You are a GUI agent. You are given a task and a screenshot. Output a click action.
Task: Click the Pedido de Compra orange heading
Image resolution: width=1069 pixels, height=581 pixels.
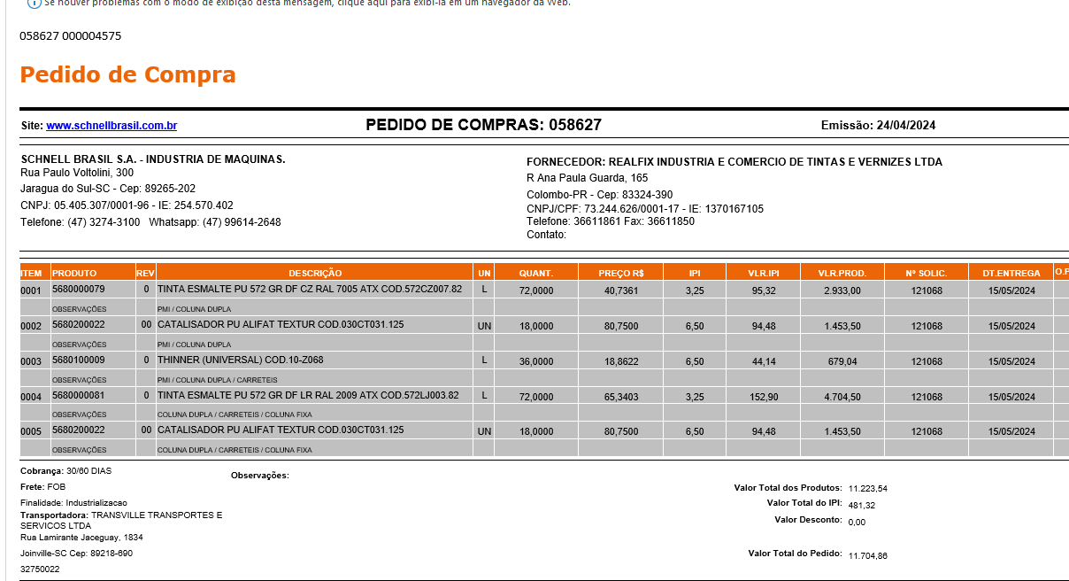[x=127, y=74]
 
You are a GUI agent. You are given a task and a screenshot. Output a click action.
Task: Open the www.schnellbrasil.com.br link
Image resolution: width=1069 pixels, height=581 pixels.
[x=112, y=126]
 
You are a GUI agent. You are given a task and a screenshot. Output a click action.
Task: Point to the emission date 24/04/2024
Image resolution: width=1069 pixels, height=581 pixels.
[x=905, y=126]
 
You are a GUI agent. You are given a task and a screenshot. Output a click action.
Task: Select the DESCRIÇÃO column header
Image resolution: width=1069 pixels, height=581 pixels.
[x=314, y=273]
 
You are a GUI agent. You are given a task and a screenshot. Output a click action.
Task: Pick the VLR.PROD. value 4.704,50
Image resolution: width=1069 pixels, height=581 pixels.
[x=842, y=397]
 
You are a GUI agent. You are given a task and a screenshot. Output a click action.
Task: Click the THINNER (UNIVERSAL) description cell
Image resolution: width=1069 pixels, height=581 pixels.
[x=240, y=360]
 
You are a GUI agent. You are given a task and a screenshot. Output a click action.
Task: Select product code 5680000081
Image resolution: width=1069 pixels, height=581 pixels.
[x=79, y=396]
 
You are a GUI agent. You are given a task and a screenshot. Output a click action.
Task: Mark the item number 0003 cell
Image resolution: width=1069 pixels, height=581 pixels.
[x=32, y=361]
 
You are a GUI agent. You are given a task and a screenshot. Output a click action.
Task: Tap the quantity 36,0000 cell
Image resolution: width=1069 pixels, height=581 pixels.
[x=536, y=361]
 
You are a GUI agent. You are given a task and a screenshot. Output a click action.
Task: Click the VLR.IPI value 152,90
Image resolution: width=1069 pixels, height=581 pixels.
[x=763, y=397]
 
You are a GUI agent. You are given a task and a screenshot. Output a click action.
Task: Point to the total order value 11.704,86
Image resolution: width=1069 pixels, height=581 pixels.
[x=867, y=555]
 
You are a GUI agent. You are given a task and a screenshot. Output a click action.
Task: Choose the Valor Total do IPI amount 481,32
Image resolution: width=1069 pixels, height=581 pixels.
[x=861, y=505]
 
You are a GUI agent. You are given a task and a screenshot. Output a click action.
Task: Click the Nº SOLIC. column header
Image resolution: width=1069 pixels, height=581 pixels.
[x=927, y=273]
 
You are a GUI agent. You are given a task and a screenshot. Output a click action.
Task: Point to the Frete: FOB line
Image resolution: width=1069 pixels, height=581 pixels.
[x=42, y=487]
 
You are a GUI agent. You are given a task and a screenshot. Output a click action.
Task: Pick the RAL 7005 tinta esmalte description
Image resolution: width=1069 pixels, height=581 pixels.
[x=310, y=290]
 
